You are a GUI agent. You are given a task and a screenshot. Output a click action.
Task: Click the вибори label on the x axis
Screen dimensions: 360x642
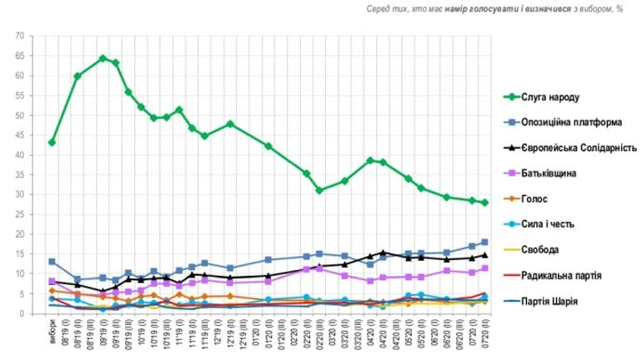(52, 330)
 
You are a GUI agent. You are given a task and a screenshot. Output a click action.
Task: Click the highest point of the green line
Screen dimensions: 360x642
(103, 58)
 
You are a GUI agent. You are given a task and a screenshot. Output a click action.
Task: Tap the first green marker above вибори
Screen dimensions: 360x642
(52, 142)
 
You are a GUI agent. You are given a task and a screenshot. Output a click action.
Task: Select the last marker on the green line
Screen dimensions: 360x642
(484, 202)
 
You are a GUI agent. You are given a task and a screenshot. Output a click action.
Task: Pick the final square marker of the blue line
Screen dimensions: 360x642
(484, 242)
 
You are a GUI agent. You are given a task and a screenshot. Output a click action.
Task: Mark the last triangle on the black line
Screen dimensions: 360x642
(484, 256)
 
